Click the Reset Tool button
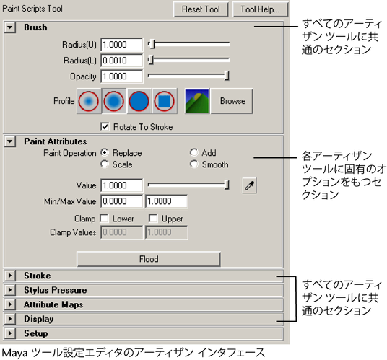(x=201, y=9)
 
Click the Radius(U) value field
(x=122, y=45)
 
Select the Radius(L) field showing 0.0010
(x=122, y=61)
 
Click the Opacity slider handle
(x=227, y=76)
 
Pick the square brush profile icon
(x=165, y=101)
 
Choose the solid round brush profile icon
(x=139, y=101)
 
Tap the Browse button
(x=232, y=101)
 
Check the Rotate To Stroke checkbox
(x=105, y=127)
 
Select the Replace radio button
(x=105, y=153)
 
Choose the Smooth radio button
(x=194, y=164)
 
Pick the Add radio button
(x=194, y=153)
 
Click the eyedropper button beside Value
(x=250, y=185)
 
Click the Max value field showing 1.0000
(x=167, y=201)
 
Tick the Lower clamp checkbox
(x=104, y=219)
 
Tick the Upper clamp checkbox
(x=153, y=219)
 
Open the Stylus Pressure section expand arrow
(x=10, y=290)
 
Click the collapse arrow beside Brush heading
(x=10, y=27)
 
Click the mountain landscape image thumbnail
(x=197, y=101)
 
